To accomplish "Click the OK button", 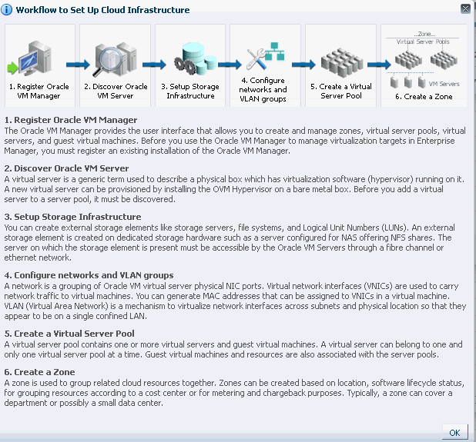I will pos(454,432).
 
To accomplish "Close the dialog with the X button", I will pos(465,9).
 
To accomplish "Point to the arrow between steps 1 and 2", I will pos(78,66).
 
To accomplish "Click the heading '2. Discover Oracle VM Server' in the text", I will pos(66,168).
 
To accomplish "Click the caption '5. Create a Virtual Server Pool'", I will pos(340,91).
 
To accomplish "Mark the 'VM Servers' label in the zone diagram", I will pos(444,83).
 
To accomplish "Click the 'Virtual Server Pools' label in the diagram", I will pos(423,42).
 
